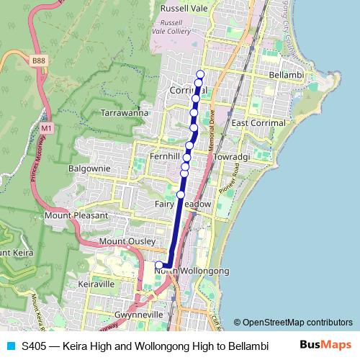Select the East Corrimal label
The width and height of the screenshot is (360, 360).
[258, 124]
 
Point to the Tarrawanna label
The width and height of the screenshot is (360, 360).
[124, 113]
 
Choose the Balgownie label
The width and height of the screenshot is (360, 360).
[88, 168]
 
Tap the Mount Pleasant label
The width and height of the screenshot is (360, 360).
[76, 215]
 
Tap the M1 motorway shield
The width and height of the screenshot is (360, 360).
[47, 127]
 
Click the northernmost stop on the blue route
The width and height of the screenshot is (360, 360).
[200, 75]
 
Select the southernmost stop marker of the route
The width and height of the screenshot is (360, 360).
[159, 266]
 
